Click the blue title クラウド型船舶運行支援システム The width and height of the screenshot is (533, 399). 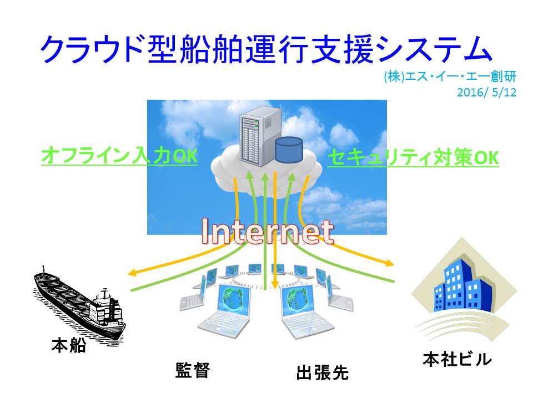click(x=266, y=49)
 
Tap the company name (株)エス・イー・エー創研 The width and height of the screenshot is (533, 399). click(x=450, y=76)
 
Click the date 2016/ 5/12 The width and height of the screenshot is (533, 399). click(x=487, y=93)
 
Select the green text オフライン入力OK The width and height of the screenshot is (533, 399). click(x=119, y=156)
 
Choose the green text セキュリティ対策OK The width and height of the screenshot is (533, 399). click(x=413, y=157)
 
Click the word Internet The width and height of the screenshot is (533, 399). click(x=267, y=232)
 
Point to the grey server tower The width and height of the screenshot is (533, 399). click(x=260, y=136)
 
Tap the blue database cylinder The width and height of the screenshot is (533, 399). click(x=289, y=150)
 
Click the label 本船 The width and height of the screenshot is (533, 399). click(x=69, y=345)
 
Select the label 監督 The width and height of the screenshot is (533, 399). click(x=193, y=370)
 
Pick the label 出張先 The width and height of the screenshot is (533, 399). click(x=322, y=372)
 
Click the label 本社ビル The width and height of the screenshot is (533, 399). click(x=457, y=359)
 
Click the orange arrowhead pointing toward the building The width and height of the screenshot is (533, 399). click(x=390, y=263)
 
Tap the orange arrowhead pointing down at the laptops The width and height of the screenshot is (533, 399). click(x=275, y=286)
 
